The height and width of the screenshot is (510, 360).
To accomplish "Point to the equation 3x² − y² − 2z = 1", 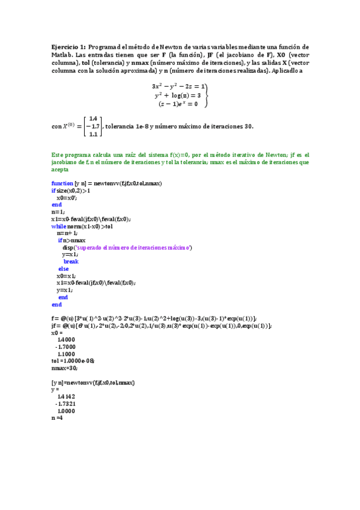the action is click(178, 86).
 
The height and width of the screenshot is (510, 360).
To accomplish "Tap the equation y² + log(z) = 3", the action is click(177, 95).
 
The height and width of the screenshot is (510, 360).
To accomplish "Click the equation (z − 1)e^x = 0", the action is click(178, 103).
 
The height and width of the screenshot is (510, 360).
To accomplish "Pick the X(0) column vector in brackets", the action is click(93, 126).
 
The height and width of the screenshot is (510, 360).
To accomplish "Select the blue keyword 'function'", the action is click(63, 183).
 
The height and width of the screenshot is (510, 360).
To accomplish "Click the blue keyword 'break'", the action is click(71, 262).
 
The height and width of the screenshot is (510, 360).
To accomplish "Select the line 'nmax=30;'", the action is click(65, 367).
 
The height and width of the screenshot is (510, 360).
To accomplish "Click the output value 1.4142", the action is click(66, 396).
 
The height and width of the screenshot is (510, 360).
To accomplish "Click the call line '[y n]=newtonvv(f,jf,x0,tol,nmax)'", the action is click(93, 382).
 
